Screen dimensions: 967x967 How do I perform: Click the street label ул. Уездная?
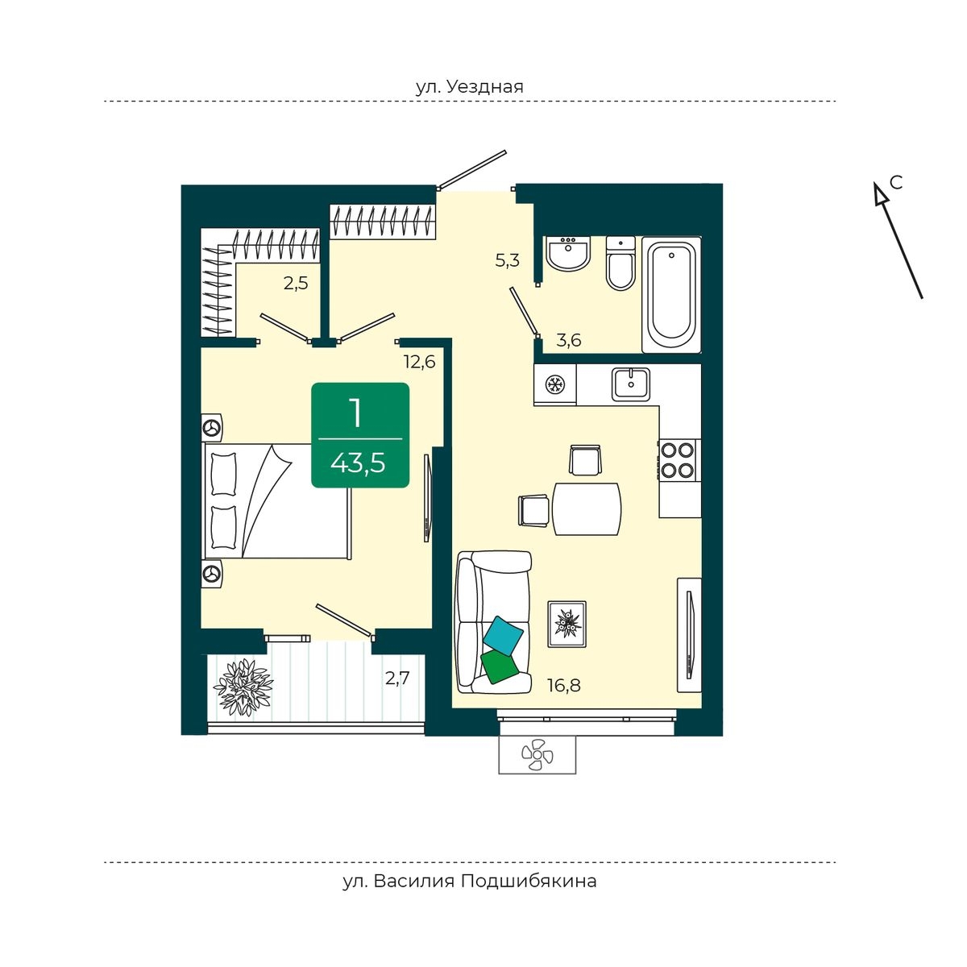point(469,87)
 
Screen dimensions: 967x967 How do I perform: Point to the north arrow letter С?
point(896,183)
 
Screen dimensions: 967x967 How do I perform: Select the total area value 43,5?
point(358,463)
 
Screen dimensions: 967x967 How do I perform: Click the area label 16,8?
point(563,684)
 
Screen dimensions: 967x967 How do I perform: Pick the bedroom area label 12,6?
point(420,361)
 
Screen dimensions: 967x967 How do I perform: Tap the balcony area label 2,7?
point(397,679)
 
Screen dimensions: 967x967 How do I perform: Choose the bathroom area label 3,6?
point(569,340)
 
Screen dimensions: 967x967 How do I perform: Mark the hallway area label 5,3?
point(507,260)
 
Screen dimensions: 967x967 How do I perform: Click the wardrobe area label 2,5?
point(296,284)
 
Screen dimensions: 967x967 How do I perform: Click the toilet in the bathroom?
point(620,263)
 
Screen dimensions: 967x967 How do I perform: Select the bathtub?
point(671,295)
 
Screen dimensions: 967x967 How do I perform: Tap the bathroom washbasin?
point(568,253)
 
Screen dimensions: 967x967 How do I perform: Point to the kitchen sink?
point(631,384)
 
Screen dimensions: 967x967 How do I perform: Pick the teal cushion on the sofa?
point(504,636)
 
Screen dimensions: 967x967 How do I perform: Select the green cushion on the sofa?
point(500,666)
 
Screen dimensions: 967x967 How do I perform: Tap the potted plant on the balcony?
point(243,687)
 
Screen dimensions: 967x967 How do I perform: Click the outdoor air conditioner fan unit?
point(537,755)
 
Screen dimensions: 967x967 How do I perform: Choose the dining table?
point(587,508)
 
